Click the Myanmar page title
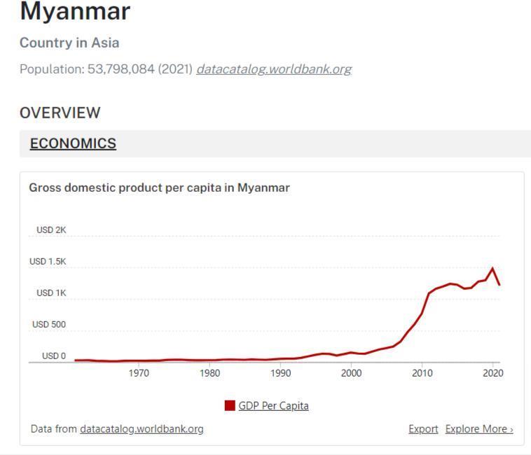point(75,12)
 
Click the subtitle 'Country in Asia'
point(69,43)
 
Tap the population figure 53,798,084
point(121,69)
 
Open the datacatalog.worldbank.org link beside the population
point(274,69)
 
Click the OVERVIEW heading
point(60,113)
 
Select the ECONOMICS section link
point(73,143)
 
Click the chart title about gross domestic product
point(159,188)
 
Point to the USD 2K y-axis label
point(51,230)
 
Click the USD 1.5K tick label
point(48,262)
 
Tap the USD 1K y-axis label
point(51,293)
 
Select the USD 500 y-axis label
point(49,324)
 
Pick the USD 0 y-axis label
point(54,356)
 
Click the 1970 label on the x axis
point(139,373)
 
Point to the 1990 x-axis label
point(281,373)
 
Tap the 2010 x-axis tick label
point(422,373)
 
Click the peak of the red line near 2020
point(492,267)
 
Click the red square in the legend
point(230,405)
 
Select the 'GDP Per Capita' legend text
point(274,405)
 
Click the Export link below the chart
point(423,429)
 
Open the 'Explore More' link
point(479,429)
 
